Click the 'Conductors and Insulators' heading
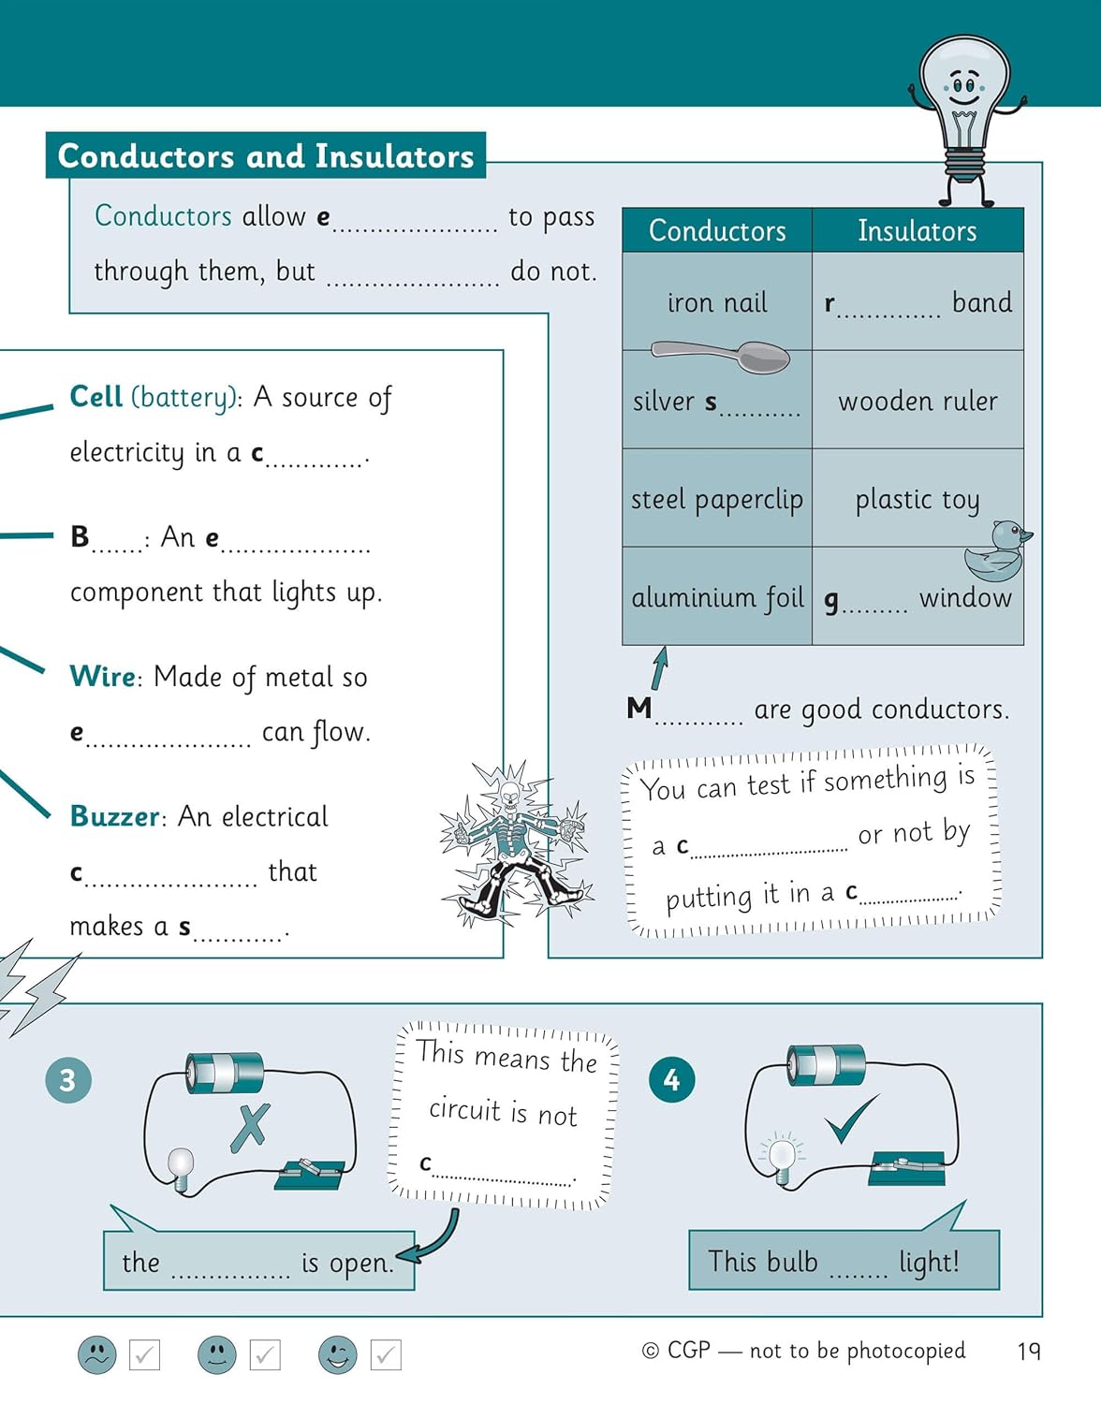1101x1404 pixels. pos(266,155)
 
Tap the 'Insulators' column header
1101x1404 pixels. pos(917,231)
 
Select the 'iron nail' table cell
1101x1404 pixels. pos(717,302)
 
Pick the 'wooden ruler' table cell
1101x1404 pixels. pos(917,401)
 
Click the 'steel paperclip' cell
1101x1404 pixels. pos(717,499)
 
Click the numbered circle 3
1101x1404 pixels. pos(67,1080)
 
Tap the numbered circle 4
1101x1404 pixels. pos(671,1080)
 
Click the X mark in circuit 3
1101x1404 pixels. pos(250,1127)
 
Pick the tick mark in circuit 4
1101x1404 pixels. pos(851,1119)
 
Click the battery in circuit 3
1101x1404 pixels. pos(225,1072)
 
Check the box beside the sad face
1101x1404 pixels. pos(144,1355)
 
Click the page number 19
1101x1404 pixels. pos(1028,1351)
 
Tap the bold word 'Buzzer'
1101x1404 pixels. pos(115,816)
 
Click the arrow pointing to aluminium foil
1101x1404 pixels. pos(661,667)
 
